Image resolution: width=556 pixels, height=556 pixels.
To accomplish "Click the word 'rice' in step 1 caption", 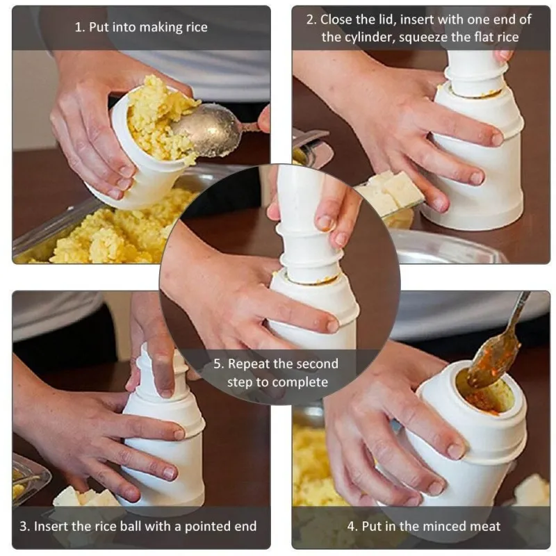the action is pos(196,27).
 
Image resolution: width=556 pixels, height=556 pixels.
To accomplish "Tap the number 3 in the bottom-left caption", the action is pos(23,526).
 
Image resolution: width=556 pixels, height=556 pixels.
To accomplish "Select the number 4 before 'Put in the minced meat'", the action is pos(351,526).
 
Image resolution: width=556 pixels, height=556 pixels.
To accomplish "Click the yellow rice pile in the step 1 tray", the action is pos(117,231).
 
